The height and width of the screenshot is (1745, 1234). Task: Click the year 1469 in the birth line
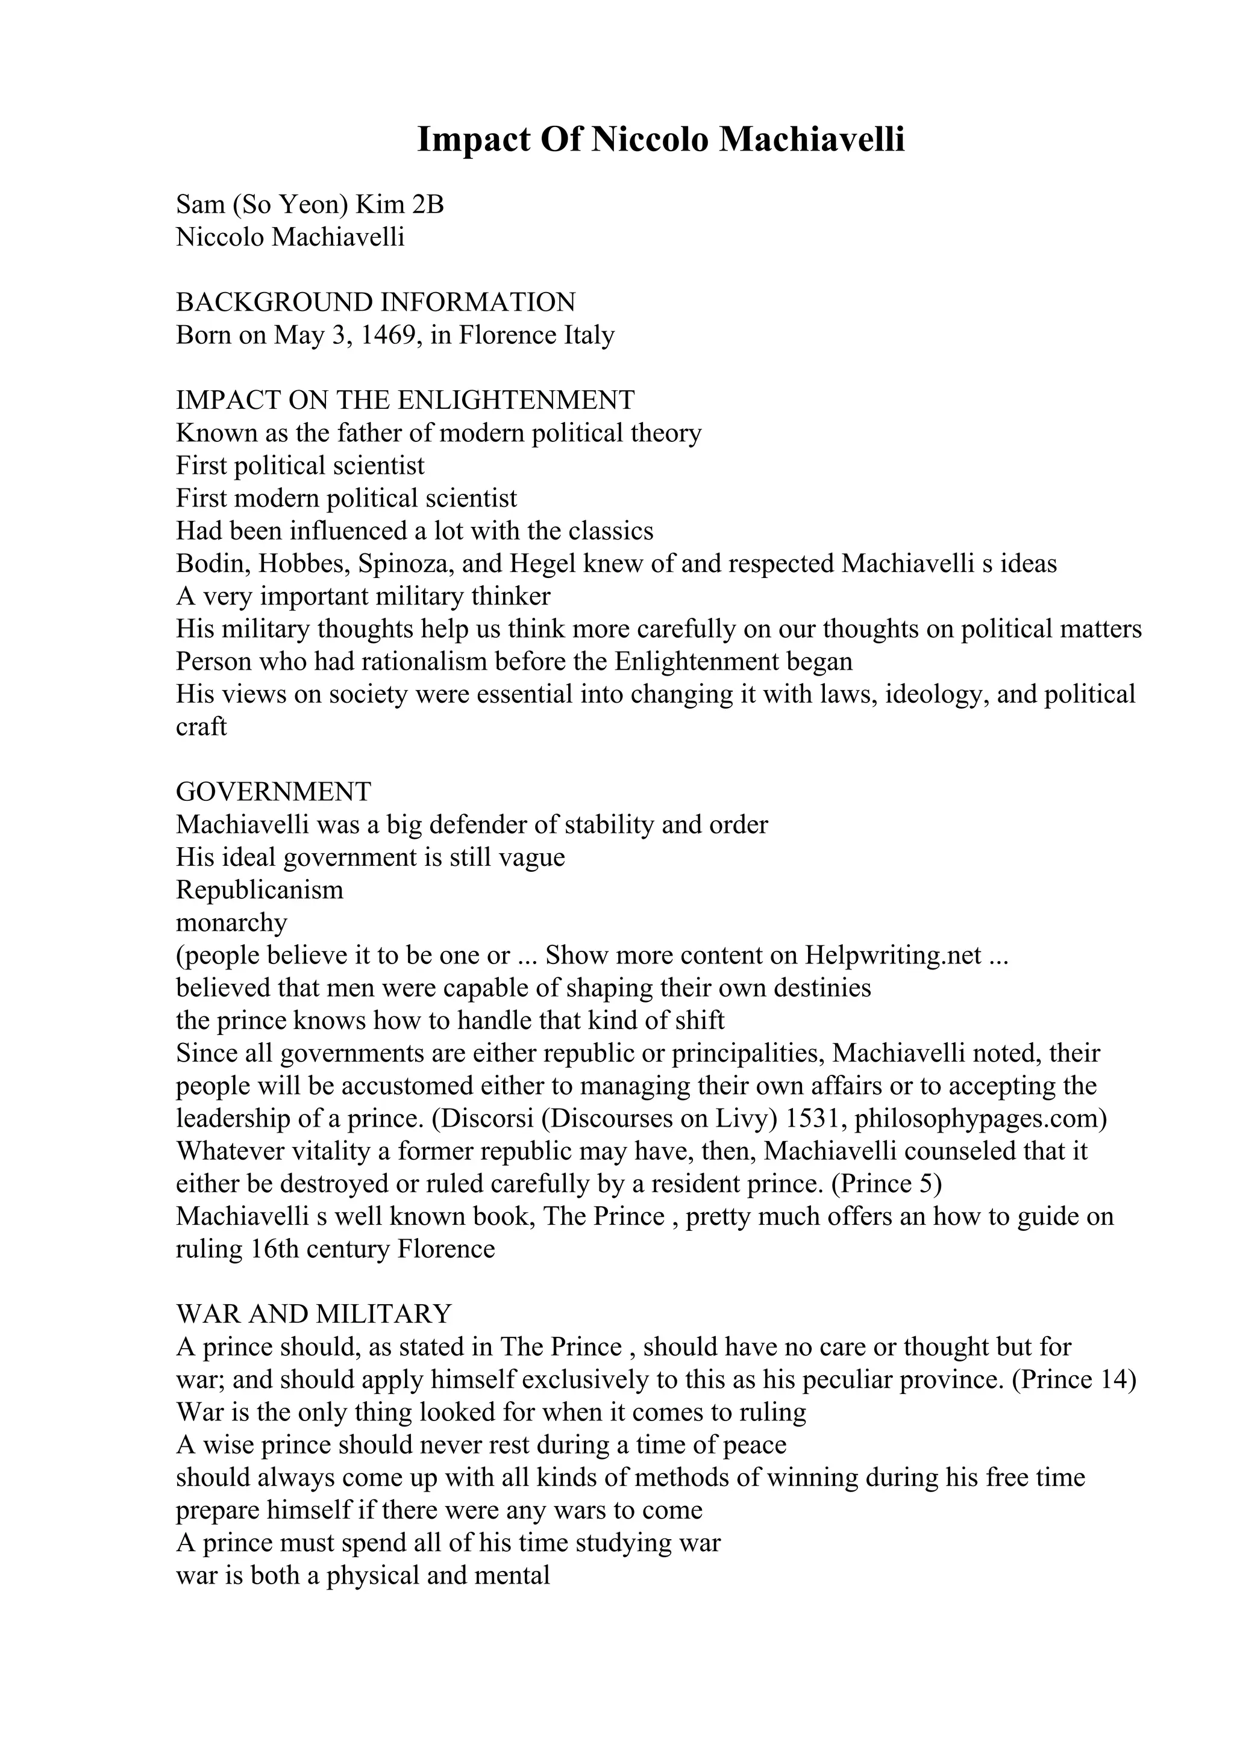pyautogui.click(x=386, y=335)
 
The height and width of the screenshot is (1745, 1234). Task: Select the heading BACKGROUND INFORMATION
pyautogui.click(x=375, y=302)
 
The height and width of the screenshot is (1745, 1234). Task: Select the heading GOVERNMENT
pyautogui.click(x=274, y=792)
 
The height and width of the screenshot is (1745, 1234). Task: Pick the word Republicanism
pyautogui.click(x=259, y=889)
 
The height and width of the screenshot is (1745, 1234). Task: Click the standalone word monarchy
pyautogui.click(x=231, y=922)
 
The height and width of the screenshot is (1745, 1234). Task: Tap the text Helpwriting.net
pyautogui.click(x=894, y=956)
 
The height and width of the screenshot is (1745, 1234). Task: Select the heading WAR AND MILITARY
pyautogui.click(x=313, y=1314)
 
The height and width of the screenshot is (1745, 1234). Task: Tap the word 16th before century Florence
pyautogui.click(x=275, y=1249)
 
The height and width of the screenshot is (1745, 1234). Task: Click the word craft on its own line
pyautogui.click(x=201, y=727)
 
